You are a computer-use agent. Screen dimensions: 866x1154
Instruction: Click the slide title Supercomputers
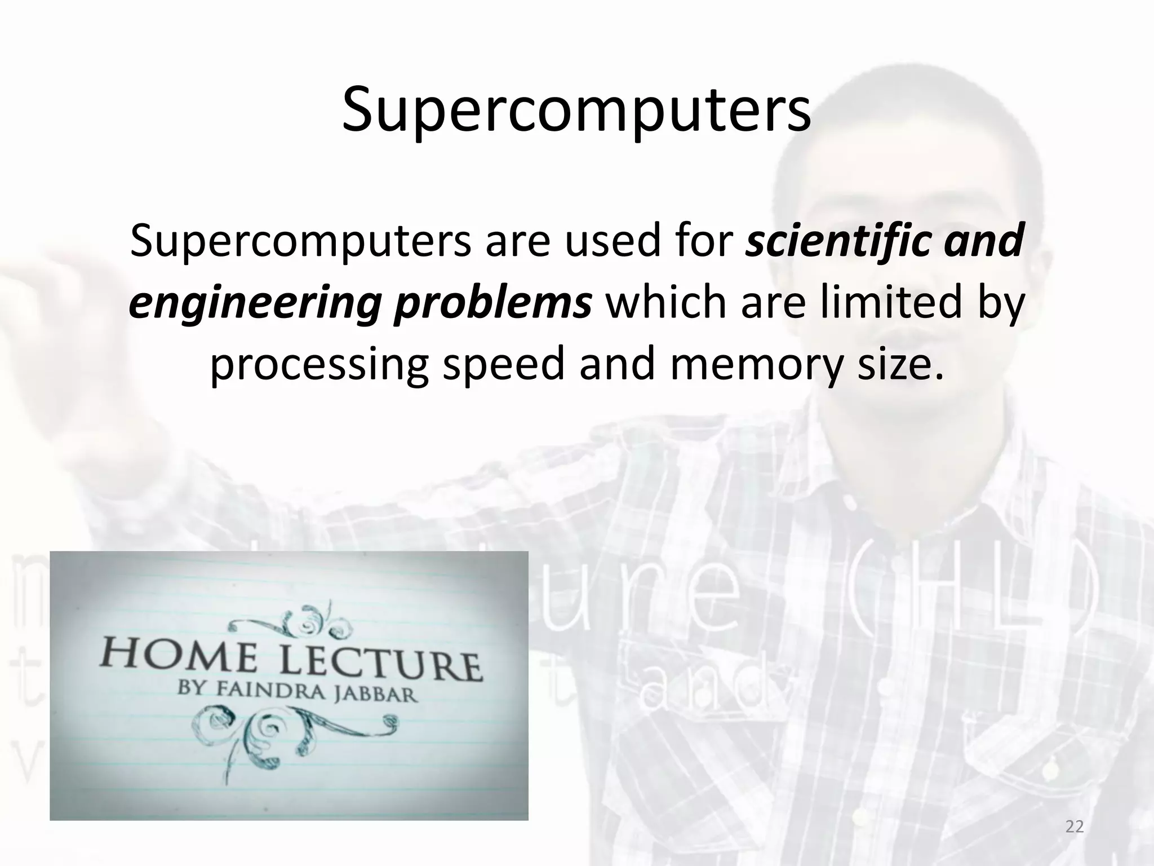tap(576, 111)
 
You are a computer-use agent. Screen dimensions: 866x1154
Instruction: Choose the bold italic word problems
tap(492, 303)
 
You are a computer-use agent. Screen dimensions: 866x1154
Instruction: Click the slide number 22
tap(1075, 827)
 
